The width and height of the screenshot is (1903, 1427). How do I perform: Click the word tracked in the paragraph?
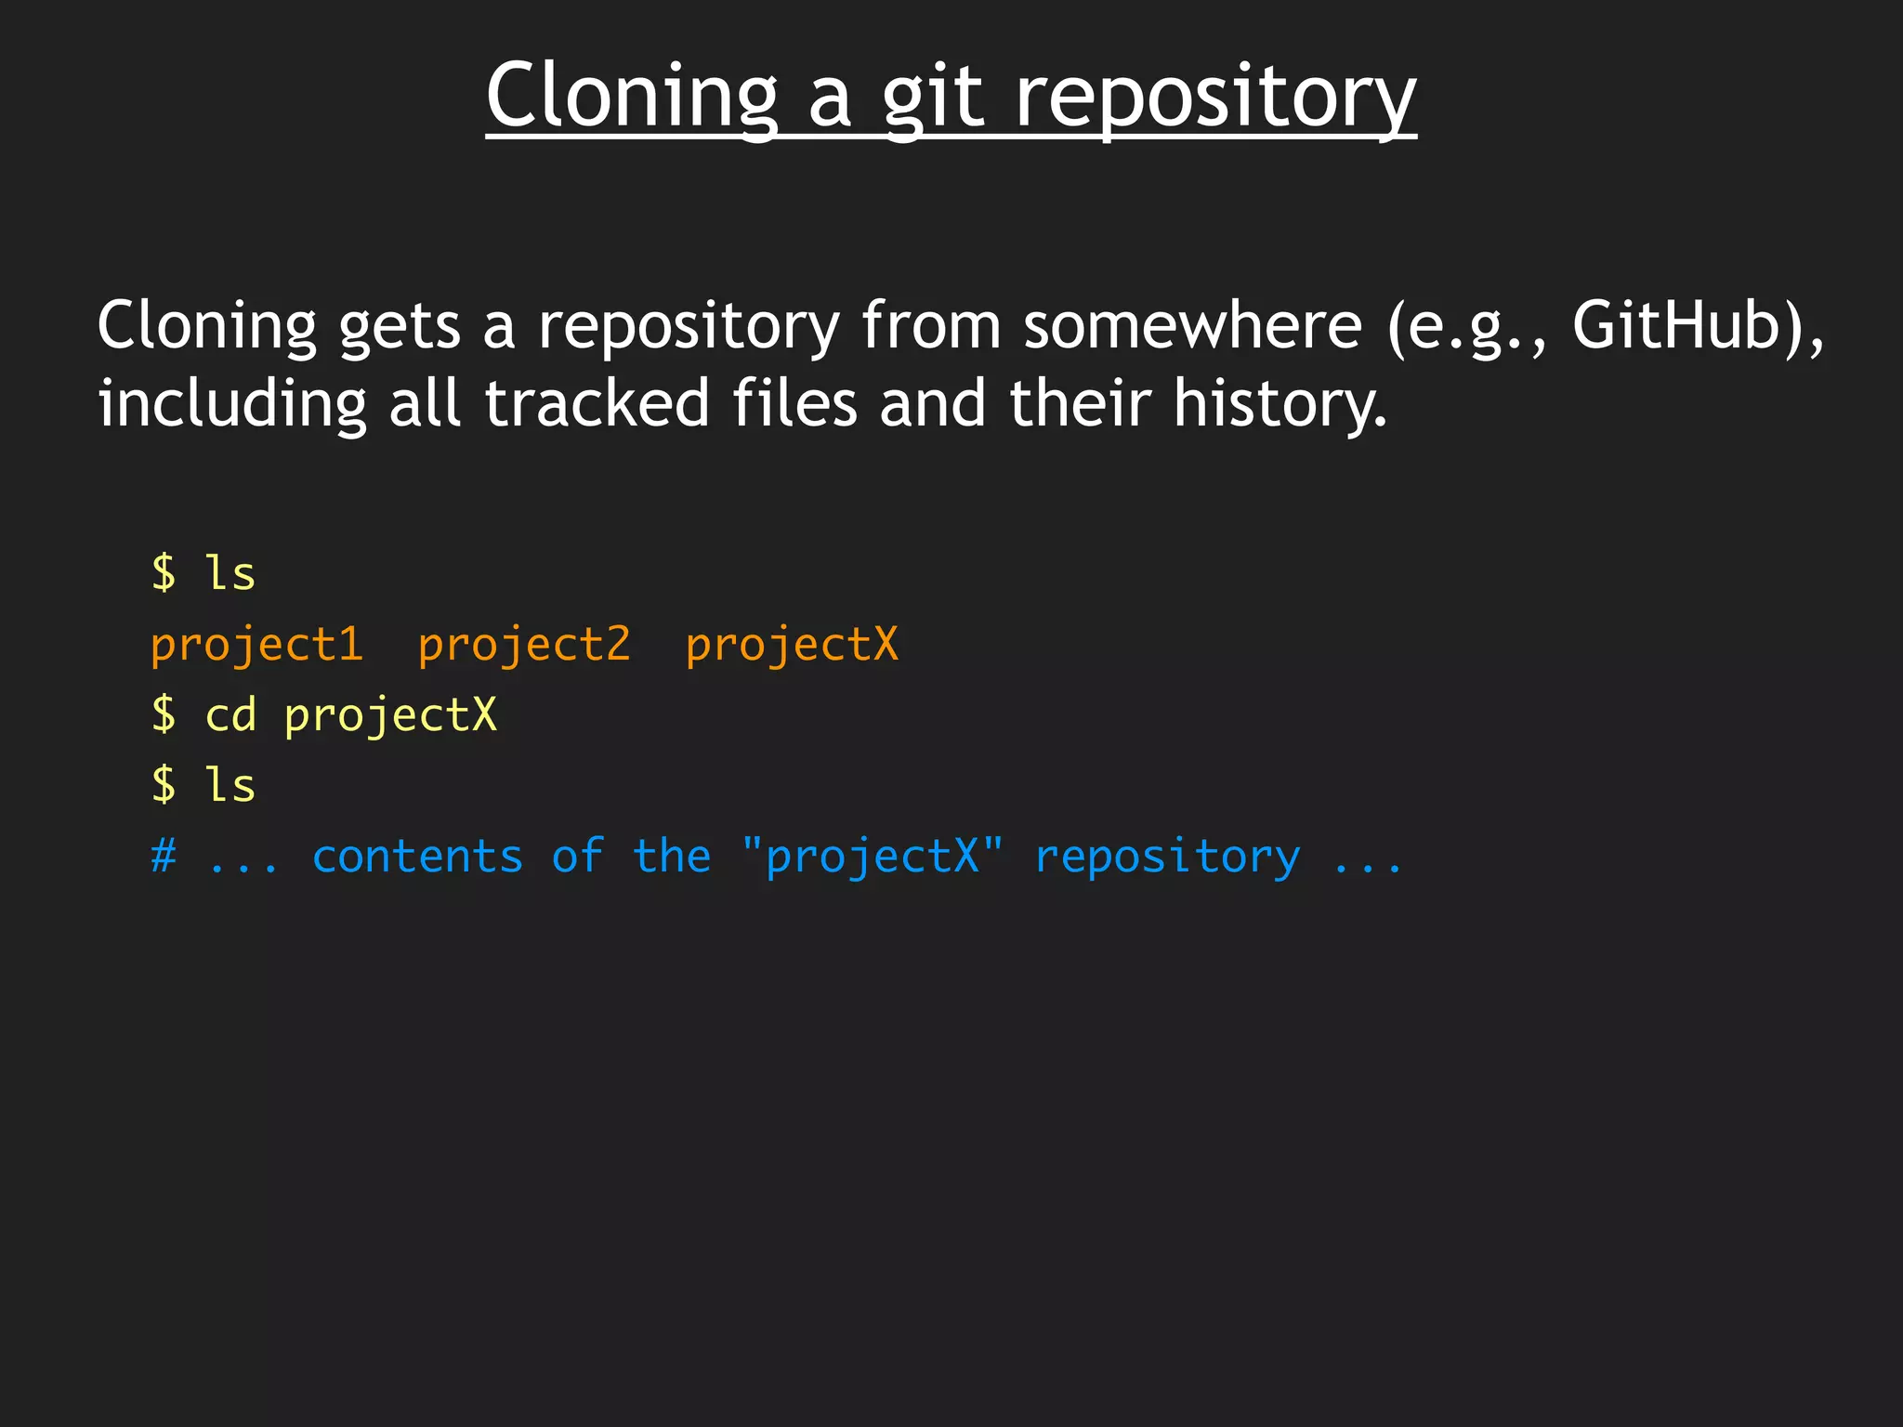597,403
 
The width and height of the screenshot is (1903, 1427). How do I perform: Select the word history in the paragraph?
1280,405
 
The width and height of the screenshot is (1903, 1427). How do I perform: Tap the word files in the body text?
794,403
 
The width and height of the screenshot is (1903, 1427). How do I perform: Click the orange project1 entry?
256,645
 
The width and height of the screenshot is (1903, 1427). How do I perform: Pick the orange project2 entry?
524,645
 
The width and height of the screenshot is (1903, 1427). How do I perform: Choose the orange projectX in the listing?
792,645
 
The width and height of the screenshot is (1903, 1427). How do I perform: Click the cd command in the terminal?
230,715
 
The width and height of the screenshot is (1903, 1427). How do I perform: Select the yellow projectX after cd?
390,716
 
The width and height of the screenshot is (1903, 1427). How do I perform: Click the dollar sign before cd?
164,715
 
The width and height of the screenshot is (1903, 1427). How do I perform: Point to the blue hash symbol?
164,856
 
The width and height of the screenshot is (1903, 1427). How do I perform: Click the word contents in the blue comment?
417,856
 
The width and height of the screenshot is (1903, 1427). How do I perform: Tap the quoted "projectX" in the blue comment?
873,856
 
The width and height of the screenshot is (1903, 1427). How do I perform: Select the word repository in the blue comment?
1167,858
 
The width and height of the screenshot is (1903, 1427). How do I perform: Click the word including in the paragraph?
232,405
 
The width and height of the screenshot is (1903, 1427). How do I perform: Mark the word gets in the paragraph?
400,327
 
